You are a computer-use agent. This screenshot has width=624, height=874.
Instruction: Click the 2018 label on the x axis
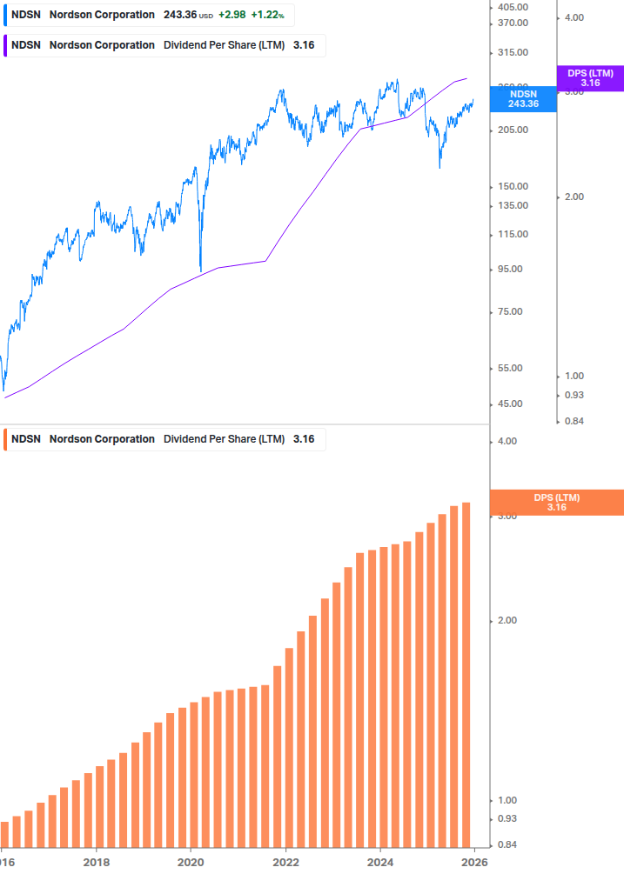pos(97,863)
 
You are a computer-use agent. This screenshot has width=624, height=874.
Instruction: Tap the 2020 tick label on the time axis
pos(191,863)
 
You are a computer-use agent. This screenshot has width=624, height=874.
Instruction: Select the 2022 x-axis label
pos(285,863)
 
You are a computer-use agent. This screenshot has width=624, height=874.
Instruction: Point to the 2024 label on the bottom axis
pos(380,863)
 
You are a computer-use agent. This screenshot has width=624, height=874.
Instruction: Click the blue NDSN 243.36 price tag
pos(523,98)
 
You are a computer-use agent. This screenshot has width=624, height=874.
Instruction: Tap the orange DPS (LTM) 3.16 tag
pos(557,502)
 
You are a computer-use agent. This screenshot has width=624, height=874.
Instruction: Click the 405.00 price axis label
pos(513,7)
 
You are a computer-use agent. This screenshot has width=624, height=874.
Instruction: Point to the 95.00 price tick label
pos(511,269)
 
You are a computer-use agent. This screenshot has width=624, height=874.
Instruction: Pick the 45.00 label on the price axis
pos(511,404)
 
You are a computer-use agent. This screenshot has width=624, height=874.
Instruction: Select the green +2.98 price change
pos(231,15)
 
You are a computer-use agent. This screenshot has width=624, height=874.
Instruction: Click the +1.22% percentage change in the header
pos(267,15)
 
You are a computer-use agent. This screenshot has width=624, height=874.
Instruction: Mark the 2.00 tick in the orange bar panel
pos(507,620)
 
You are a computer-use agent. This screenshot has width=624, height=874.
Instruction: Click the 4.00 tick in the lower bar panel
pos(507,441)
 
